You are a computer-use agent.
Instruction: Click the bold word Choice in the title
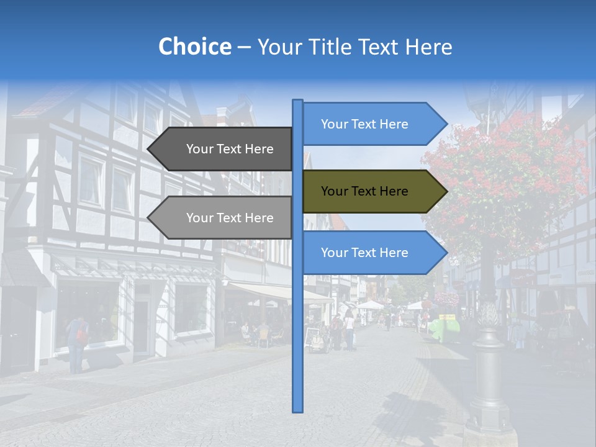coord(194,47)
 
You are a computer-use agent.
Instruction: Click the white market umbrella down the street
coord(371,304)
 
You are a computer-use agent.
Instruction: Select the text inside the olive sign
coord(364,191)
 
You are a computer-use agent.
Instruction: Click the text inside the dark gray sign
coord(230,149)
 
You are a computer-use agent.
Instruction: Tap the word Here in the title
coord(429,47)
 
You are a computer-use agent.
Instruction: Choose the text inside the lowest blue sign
coord(364,253)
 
